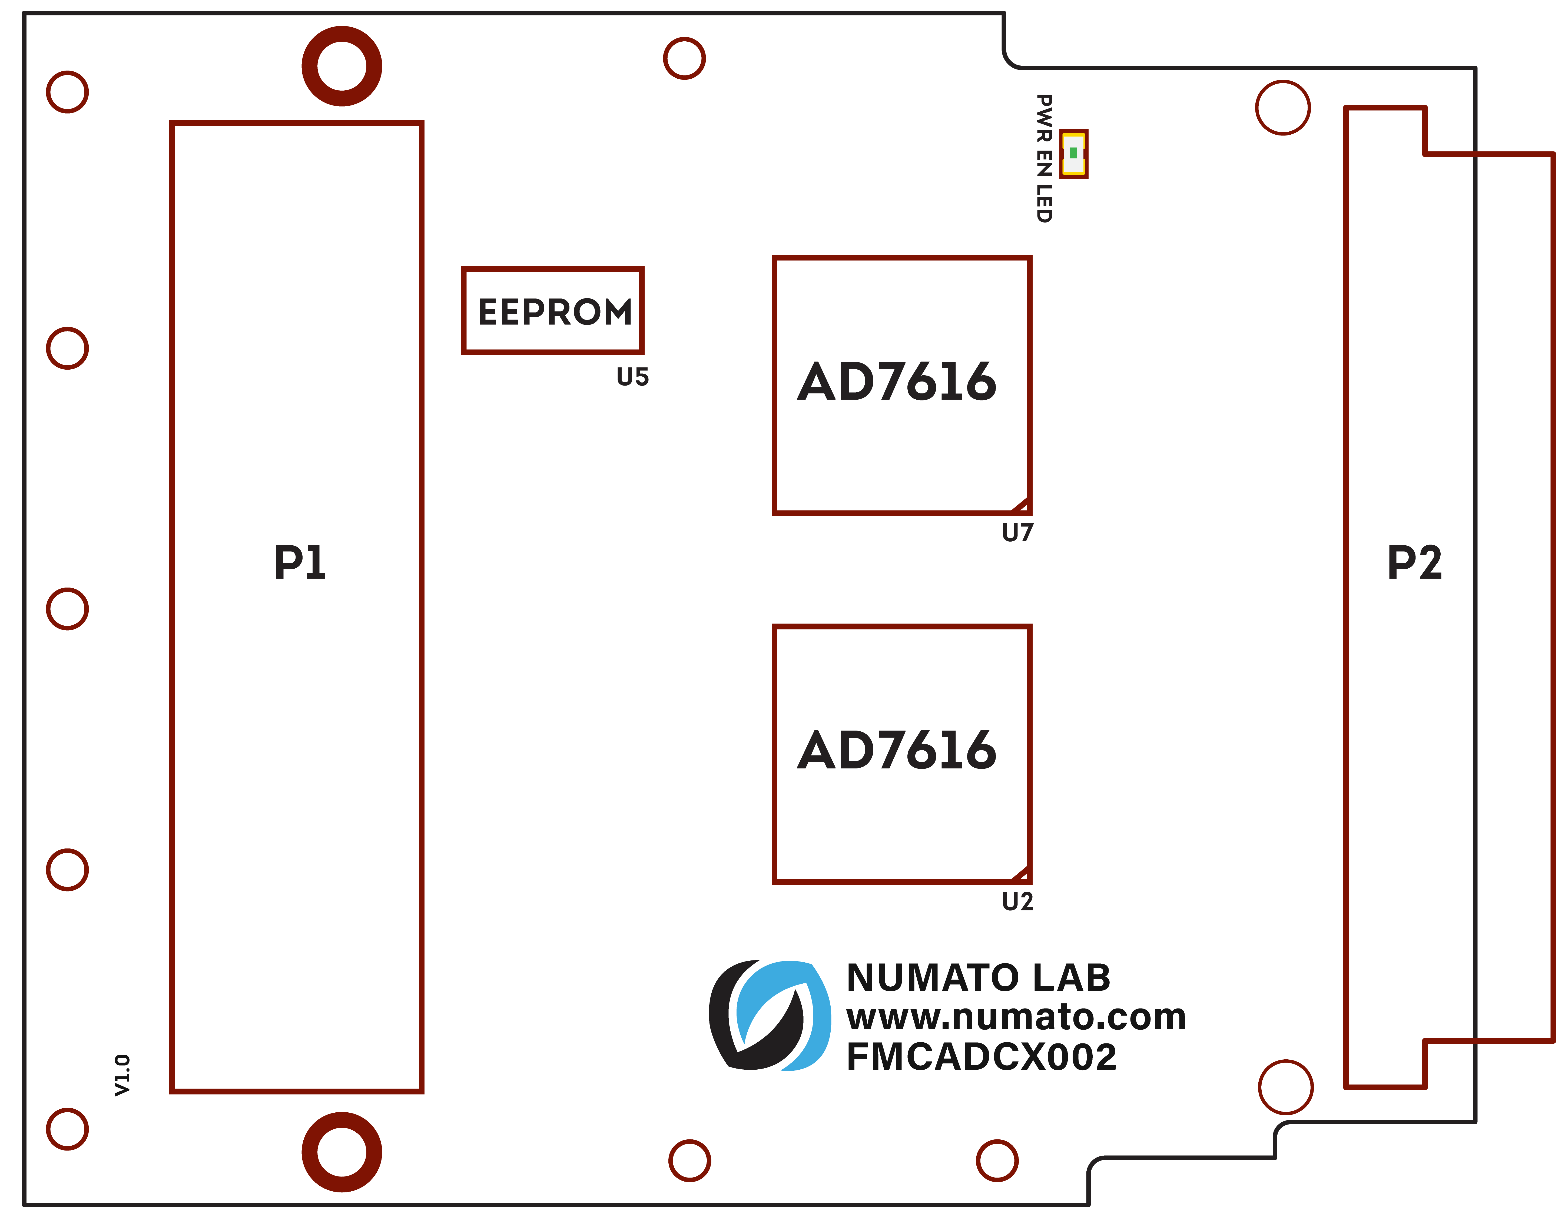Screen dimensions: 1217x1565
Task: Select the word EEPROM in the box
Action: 555,312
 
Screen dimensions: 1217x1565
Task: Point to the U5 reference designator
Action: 632,377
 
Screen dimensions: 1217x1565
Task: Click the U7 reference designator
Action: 1017,533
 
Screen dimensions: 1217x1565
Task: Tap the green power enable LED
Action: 1073,153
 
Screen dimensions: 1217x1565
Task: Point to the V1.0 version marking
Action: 122,1075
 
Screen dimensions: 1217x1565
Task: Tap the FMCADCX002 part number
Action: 981,1056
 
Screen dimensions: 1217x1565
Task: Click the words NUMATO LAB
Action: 978,978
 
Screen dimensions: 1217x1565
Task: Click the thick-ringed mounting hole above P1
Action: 342,66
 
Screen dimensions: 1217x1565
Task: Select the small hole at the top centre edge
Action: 684,58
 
